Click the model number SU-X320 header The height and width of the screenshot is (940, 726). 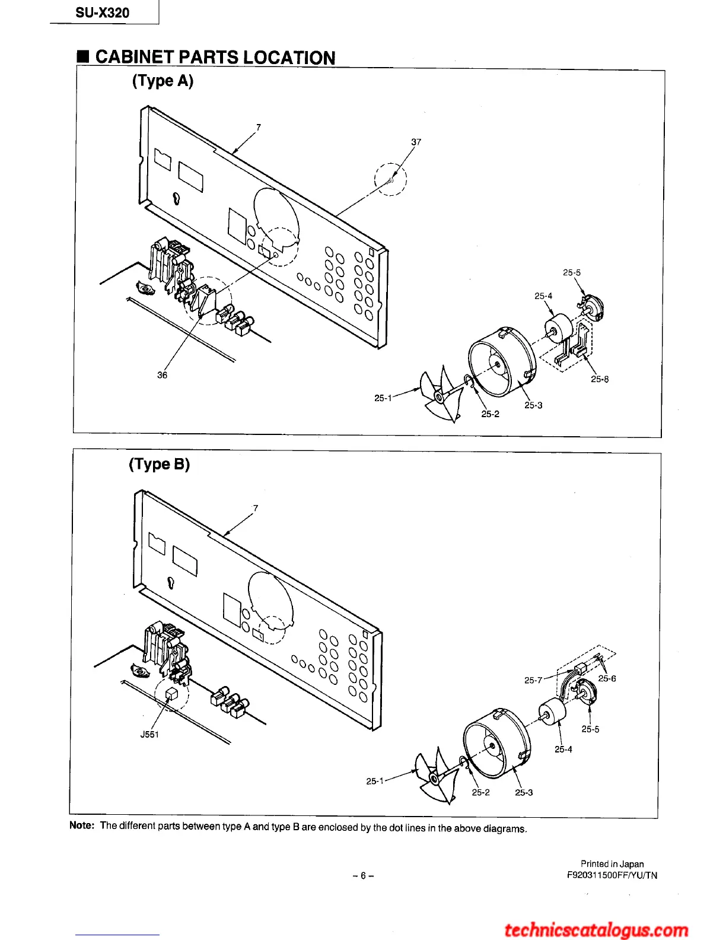pyautogui.click(x=103, y=13)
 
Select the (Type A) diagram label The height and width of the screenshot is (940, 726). pyautogui.click(x=163, y=81)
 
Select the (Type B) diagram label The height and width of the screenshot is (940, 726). pyautogui.click(x=159, y=464)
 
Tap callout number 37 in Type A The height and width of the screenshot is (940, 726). pyautogui.click(x=416, y=142)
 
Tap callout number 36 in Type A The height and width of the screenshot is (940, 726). pyautogui.click(x=162, y=375)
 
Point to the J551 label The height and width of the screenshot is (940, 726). pyautogui.click(x=149, y=734)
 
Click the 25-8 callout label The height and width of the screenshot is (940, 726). pyautogui.click(x=599, y=379)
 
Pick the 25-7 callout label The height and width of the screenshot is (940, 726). pyautogui.click(x=533, y=680)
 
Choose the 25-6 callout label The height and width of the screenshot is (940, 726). pyautogui.click(x=607, y=678)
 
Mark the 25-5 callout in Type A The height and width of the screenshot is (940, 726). pyautogui.click(x=571, y=272)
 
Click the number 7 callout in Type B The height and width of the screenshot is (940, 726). pyautogui.click(x=256, y=508)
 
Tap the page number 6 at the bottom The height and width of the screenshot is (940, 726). pyautogui.click(x=362, y=875)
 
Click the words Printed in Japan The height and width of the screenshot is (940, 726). pyautogui.click(x=612, y=864)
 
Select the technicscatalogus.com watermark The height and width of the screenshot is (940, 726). pyautogui.click(x=596, y=929)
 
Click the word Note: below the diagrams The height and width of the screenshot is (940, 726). pyautogui.click(x=82, y=825)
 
